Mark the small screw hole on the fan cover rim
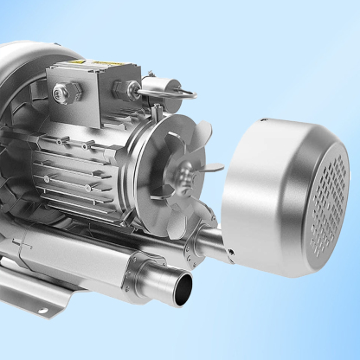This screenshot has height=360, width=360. [232, 251]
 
